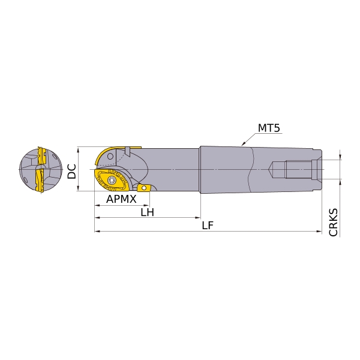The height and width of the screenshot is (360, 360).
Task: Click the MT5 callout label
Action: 269,128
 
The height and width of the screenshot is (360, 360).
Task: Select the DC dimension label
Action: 72,171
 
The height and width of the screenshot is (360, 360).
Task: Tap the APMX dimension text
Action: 121,199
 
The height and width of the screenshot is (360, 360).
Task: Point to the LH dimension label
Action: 147,212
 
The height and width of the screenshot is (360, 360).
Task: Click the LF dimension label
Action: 208,226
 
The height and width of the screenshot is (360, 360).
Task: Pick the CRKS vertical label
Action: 334,222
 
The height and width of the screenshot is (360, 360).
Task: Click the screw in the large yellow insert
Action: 112,180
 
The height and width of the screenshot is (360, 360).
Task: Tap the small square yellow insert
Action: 143,188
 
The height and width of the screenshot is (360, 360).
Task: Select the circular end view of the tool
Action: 41,170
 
